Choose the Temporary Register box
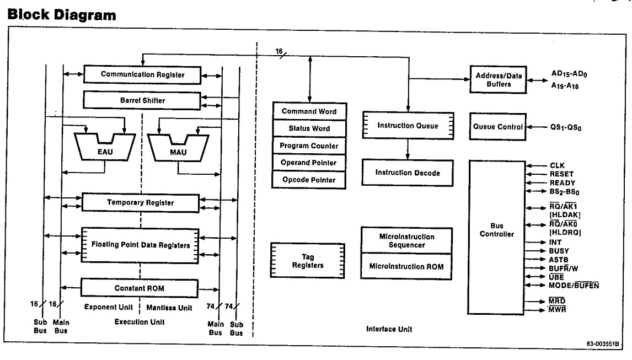tap(140, 203)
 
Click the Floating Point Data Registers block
tap(140, 245)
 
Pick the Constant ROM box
tap(140, 288)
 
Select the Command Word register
tap(309, 111)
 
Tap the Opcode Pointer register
tap(309, 180)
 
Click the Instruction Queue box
tap(408, 126)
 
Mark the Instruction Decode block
tap(408, 173)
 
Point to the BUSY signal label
tap(561, 250)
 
